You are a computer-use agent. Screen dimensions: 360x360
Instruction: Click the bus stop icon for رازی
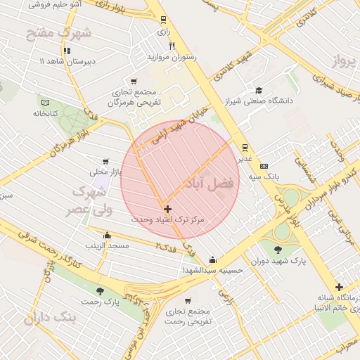click(164, 20)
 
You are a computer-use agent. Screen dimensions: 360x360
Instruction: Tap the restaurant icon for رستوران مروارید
click(172, 46)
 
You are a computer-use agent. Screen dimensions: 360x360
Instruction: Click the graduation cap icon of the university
click(259, 90)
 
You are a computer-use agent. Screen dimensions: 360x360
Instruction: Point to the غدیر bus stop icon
click(245, 147)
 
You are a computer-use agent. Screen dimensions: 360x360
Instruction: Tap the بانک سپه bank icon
click(264, 166)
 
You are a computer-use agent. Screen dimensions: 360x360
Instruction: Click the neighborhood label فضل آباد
click(212, 183)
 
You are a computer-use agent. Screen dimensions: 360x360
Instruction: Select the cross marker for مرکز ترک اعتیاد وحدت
click(167, 209)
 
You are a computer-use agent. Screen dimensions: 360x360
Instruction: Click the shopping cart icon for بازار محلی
click(106, 161)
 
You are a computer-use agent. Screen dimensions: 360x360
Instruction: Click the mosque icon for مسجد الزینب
click(107, 236)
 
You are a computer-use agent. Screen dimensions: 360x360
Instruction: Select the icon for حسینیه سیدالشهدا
click(213, 259)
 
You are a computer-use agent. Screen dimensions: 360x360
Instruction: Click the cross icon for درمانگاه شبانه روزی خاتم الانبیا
click(340, 287)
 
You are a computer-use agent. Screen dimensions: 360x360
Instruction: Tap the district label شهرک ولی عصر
click(89, 200)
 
